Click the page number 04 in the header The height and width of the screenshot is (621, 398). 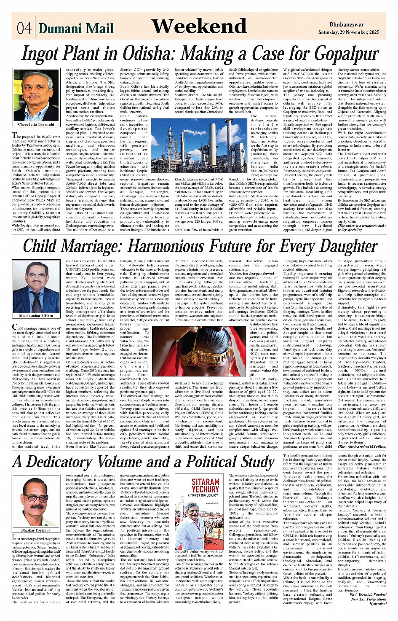[x=24, y=28]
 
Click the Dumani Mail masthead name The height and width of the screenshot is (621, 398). [x=76, y=28]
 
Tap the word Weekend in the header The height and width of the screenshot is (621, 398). [x=199, y=27]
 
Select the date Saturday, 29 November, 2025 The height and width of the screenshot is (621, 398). [x=348, y=32]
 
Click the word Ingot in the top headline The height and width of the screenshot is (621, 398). [x=44, y=54]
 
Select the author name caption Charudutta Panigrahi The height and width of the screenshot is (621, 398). [x=36, y=125]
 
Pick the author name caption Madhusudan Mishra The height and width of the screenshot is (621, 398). [x=36, y=316]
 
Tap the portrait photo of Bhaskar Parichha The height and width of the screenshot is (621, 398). [x=35, y=502]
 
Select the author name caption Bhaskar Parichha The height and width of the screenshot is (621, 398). [x=36, y=530]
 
